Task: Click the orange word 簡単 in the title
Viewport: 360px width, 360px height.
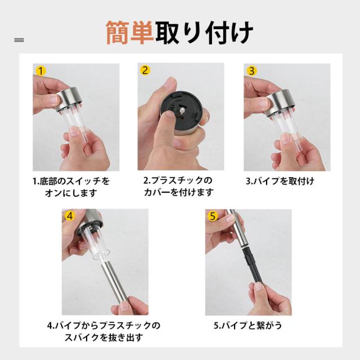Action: click(130, 32)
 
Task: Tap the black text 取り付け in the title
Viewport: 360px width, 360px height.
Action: click(204, 32)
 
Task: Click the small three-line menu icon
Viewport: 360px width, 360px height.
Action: click(19, 40)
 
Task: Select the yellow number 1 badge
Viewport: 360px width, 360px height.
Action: click(41, 71)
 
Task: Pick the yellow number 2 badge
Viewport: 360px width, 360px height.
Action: click(145, 70)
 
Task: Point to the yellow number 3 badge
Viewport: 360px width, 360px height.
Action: click(251, 71)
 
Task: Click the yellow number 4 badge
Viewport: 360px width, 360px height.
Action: click(70, 216)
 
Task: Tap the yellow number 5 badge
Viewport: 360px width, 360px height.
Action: click(213, 216)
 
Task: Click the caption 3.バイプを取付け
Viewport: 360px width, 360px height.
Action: click(280, 181)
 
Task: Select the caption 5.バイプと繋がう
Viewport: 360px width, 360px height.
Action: click(247, 325)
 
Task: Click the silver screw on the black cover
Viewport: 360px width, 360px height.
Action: click(182, 111)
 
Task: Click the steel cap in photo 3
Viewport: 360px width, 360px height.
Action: click(280, 102)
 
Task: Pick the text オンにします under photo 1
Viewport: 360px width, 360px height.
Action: click(71, 193)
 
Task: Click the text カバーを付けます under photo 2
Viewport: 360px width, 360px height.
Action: click(178, 192)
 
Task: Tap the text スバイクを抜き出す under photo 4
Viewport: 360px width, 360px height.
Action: click(103, 337)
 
